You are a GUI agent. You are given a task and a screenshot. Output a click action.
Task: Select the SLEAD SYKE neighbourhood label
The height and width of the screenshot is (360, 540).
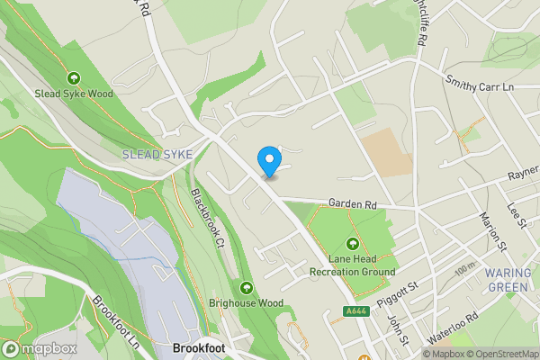(157, 155)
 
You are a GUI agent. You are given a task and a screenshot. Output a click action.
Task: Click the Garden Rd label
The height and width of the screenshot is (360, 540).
(352, 205)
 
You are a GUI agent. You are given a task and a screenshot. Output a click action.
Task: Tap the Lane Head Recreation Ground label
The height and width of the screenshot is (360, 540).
(352, 265)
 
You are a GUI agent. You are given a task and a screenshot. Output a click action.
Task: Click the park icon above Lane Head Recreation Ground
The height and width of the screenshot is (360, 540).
(352, 244)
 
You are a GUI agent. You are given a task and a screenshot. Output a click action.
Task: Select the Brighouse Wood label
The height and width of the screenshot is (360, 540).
(246, 303)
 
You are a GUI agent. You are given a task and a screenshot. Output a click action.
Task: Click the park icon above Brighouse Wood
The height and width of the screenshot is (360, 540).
(247, 288)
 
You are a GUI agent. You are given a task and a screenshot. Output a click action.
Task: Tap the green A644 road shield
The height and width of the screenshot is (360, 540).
(355, 311)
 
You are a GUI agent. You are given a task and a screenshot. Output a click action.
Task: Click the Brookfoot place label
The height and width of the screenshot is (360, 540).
(198, 347)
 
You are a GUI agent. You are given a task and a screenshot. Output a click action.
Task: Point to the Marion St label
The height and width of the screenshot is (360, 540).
(494, 231)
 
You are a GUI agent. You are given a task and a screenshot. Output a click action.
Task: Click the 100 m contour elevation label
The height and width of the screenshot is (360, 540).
(465, 268)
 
